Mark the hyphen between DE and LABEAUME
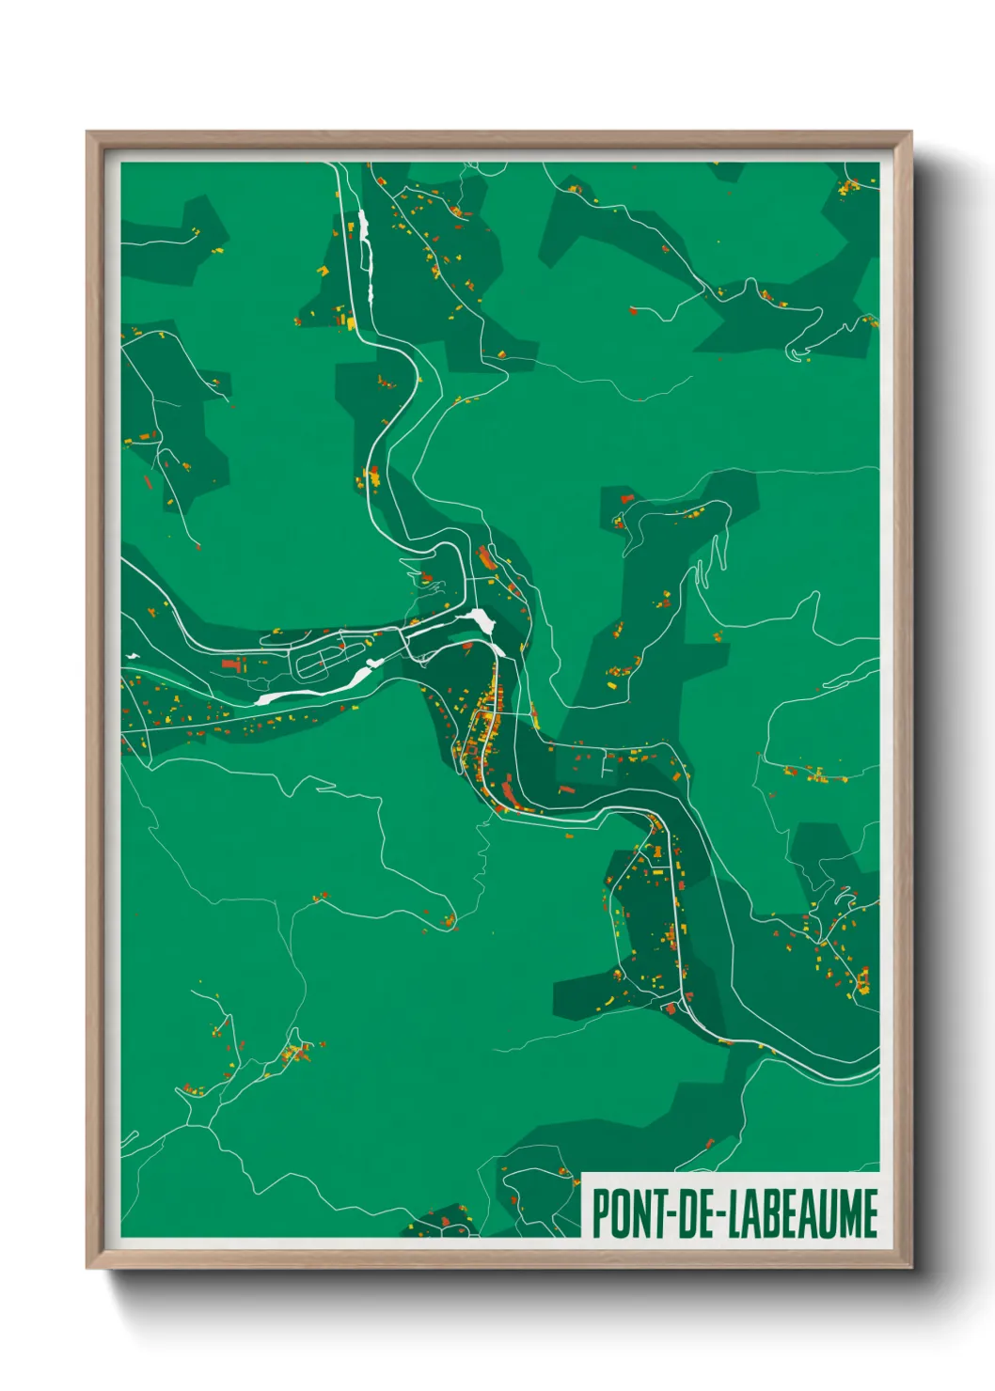[719, 1214]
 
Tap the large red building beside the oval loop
[232, 664]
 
